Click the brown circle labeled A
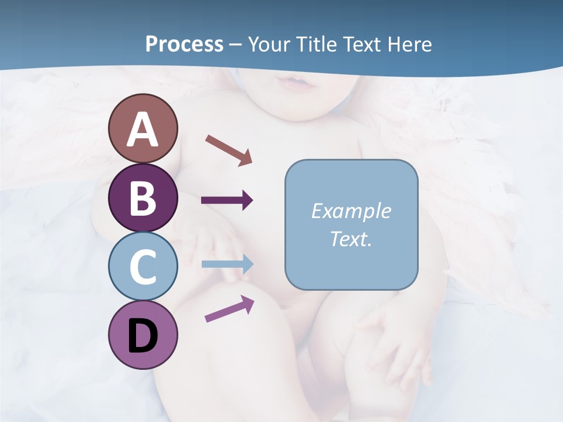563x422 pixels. click(x=143, y=128)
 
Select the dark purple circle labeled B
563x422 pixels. click(x=143, y=198)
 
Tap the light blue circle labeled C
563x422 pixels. click(x=143, y=266)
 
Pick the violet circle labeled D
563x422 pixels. click(x=143, y=335)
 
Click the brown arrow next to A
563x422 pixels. click(x=229, y=149)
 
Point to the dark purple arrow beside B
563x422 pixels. click(x=227, y=200)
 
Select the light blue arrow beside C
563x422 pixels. click(x=227, y=264)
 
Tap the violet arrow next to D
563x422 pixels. click(x=229, y=309)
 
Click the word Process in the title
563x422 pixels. click(x=184, y=45)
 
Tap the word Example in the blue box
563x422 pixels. click(x=351, y=211)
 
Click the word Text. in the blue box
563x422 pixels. click(x=351, y=239)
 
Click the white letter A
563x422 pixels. click(x=143, y=130)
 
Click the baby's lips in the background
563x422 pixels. click(x=298, y=82)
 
